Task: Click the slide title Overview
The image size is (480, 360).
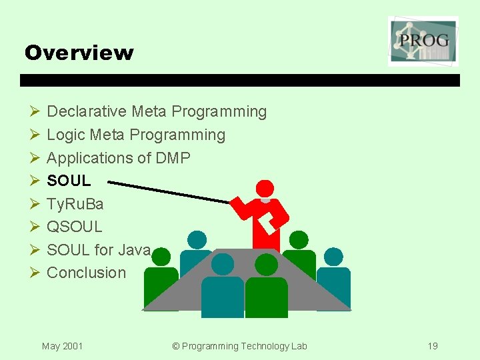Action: click(x=79, y=53)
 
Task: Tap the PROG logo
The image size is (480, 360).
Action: click(x=423, y=41)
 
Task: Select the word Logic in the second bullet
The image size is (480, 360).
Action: click(x=65, y=135)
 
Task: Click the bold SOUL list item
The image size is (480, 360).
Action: click(x=69, y=181)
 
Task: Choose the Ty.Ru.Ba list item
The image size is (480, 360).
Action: click(x=75, y=203)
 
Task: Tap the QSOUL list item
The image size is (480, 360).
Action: click(x=75, y=227)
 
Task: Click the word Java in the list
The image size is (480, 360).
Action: click(x=134, y=250)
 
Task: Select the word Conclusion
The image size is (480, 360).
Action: click(x=86, y=273)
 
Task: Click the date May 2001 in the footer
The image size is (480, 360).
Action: click(x=62, y=346)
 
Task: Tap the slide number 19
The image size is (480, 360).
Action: click(x=433, y=346)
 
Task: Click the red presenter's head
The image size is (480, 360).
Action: click(x=265, y=189)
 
